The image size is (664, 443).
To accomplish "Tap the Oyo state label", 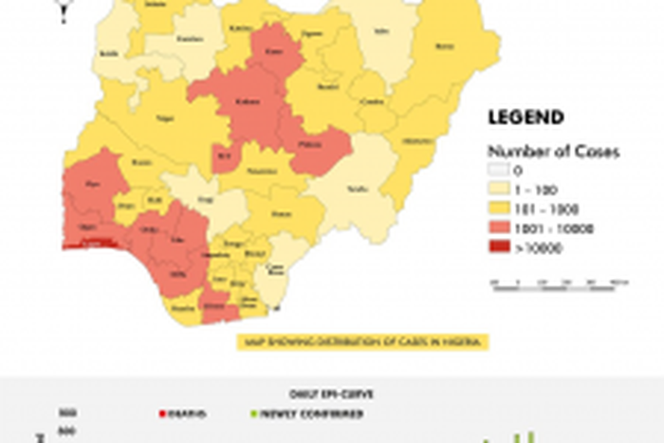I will (x=93, y=184).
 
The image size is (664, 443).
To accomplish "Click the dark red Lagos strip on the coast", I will (x=90, y=244).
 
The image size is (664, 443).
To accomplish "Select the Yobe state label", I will (x=382, y=31).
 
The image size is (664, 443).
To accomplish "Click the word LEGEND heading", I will (x=526, y=119).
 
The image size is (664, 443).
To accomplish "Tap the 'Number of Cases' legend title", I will (x=541, y=152).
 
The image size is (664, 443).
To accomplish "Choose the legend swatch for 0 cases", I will (x=499, y=171).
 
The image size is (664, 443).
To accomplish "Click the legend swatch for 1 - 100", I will (x=499, y=190).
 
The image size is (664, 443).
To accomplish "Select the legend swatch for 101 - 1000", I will (x=499, y=209).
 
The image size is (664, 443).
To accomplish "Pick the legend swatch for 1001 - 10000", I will (x=499, y=229).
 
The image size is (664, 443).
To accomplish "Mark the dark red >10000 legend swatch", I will (x=499, y=248).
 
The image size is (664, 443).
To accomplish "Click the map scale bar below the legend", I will (x=560, y=283).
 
